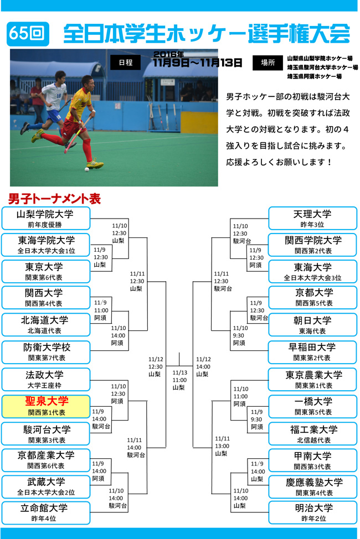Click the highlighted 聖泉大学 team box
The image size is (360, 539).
tap(46, 406)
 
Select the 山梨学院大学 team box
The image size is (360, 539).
tap(46, 218)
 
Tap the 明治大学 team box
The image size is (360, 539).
tap(312, 512)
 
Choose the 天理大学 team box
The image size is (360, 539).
tap(312, 218)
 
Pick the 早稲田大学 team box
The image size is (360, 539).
tap(312, 352)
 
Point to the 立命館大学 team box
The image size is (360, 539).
tap(46, 512)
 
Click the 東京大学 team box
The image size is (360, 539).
tap(46, 272)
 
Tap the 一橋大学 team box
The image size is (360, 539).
tap(312, 406)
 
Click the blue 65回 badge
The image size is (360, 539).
tap(28, 34)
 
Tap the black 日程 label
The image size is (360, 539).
tap(125, 62)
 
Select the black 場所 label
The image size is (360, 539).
tap(268, 63)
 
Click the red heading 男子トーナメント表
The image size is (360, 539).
tap(54, 199)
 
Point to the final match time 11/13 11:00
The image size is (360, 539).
tap(179, 376)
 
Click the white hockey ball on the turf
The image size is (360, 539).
tap(87, 169)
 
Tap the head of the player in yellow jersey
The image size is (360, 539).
tap(88, 82)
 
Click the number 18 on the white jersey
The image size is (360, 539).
tap(59, 96)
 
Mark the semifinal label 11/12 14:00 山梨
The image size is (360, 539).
tap(203, 366)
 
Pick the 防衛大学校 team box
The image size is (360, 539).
tap(46, 352)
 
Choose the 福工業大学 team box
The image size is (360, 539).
tap(312, 434)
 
